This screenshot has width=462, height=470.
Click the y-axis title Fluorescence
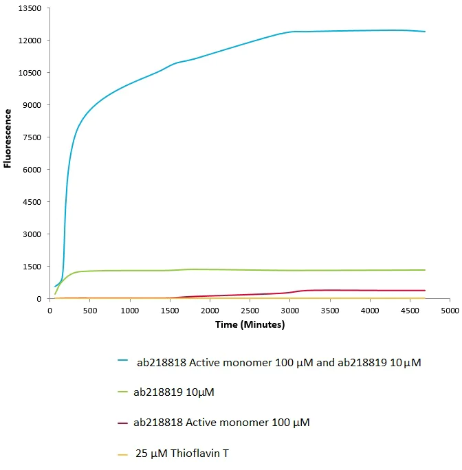(x=8, y=138)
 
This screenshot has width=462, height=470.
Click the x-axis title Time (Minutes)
(x=249, y=324)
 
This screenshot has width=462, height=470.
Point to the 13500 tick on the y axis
(x=31, y=8)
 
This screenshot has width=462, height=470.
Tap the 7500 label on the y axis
(x=33, y=137)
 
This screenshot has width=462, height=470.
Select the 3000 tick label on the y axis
(x=33, y=234)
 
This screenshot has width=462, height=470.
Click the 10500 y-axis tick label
(x=31, y=73)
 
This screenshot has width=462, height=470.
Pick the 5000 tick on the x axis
(x=450, y=311)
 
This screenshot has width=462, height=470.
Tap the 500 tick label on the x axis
(x=89, y=311)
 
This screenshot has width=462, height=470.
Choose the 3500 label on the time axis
(x=330, y=311)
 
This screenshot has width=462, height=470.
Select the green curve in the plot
(x=206, y=269)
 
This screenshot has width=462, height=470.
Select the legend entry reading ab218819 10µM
(x=178, y=393)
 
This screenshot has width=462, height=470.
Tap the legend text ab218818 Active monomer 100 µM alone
(x=221, y=423)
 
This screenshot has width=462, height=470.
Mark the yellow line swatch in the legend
(x=123, y=454)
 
